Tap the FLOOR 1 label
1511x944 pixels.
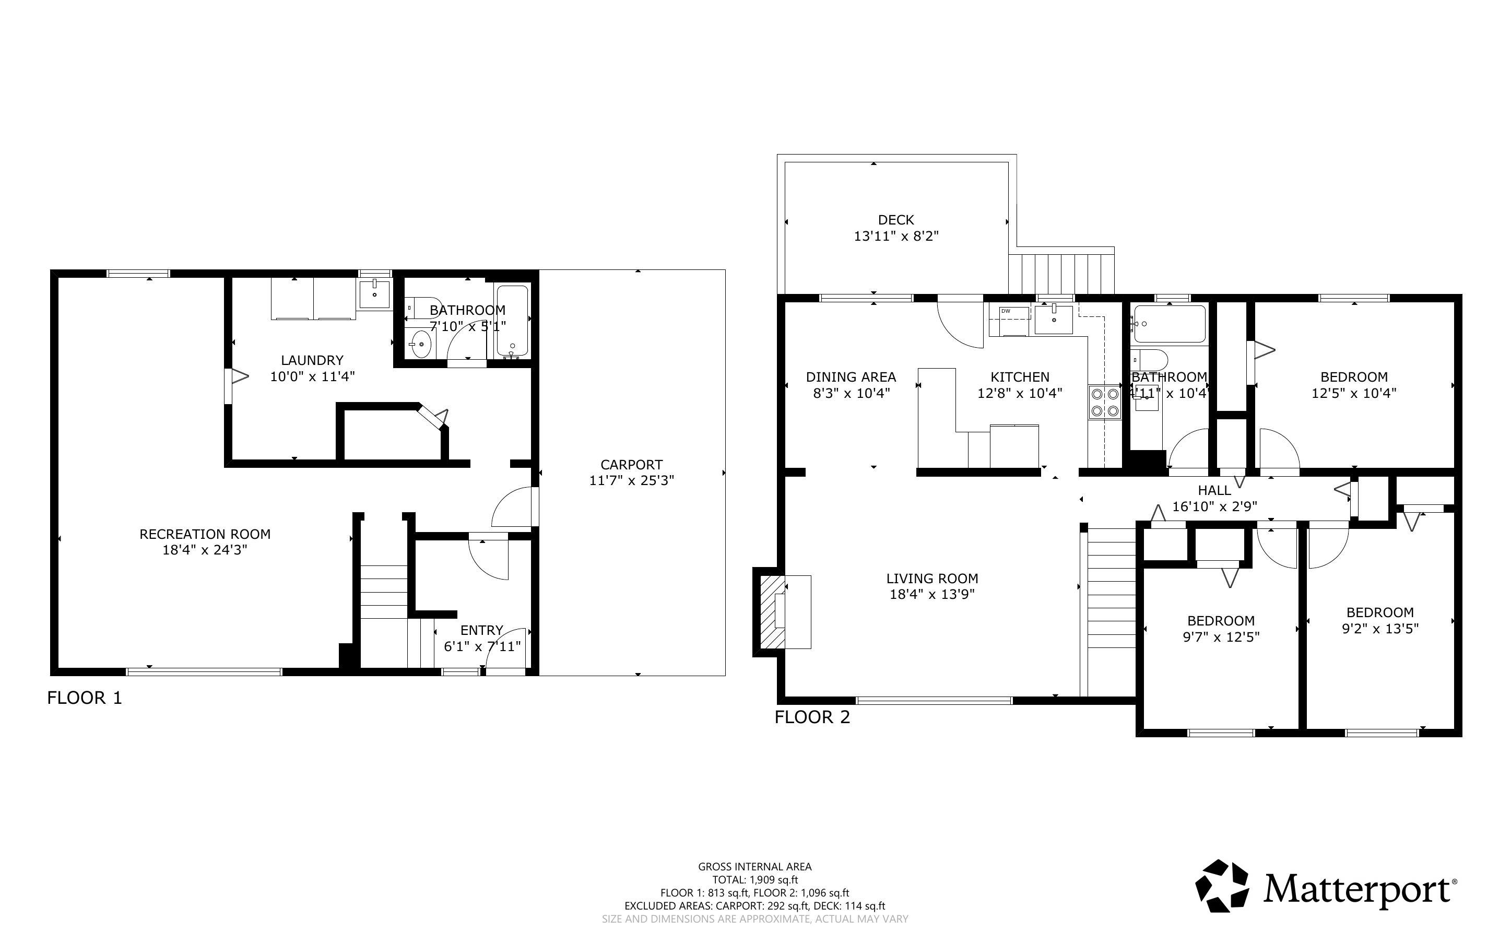[85, 698]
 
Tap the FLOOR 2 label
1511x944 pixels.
[812, 717]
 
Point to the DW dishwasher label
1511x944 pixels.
[1006, 311]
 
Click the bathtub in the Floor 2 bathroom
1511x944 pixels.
[1169, 324]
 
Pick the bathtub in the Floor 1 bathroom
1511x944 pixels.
[512, 322]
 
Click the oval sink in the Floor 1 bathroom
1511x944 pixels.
[422, 344]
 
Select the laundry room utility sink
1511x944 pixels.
[374, 294]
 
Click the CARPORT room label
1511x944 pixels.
[632, 465]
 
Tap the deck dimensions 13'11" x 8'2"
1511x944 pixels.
[896, 236]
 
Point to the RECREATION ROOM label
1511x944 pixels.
[205, 534]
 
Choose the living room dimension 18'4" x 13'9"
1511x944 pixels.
[932, 594]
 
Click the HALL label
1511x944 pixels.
[1214, 491]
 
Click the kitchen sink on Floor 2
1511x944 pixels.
[1054, 319]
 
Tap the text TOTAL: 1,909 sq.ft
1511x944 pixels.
[755, 880]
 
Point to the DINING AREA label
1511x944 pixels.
[851, 377]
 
